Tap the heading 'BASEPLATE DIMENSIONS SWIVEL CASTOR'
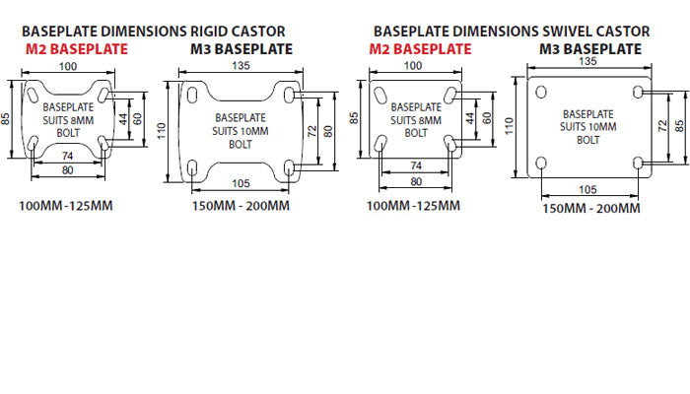pyautogui.click(x=512, y=31)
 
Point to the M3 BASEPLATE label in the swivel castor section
pyautogui.click(x=590, y=48)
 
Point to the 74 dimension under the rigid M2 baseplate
pyautogui.click(x=67, y=156)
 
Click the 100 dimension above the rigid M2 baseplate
pyautogui.click(x=67, y=66)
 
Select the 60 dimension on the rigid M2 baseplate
pyautogui.click(x=138, y=117)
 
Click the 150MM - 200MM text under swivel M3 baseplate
pyautogui.click(x=591, y=208)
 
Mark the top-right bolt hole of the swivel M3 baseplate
pyautogui.click(x=638, y=91)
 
